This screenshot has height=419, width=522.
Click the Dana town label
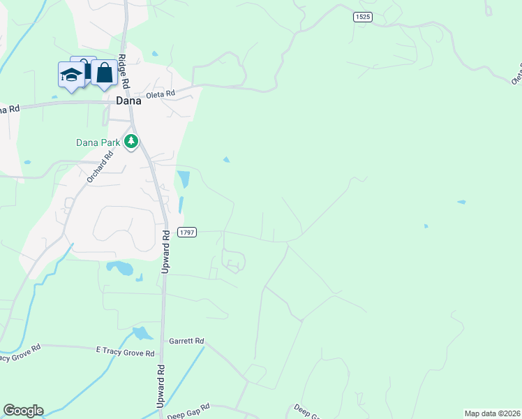pyautogui.click(x=128, y=100)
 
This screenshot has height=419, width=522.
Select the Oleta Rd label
pyautogui.click(x=160, y=95)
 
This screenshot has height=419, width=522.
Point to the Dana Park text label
pyautogui.click(x=98, y=142)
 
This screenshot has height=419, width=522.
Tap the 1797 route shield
pyautogui.click(x=187, y=232)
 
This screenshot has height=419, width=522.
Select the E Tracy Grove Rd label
pyautogui.click(x=126, y=353)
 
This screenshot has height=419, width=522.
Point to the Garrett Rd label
pyautogui.click(x=186, y=341)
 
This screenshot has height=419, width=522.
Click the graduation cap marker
pyautogui.click(x=70, y=75)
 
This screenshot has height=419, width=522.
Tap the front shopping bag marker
pyautogui.click(x=104, y=73)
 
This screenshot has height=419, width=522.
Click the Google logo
pyautogui.click(x=23, y=411)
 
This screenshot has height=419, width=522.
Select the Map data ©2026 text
pyautogui.click(x=492, y=413)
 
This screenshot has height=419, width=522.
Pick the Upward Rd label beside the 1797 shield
pyautogui.click(x=166, y=251)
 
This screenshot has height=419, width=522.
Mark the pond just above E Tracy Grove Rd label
pyautogui.click(x=142, y=333)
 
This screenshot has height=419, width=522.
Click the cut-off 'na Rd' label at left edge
pyautogui.click(x=9, y=108)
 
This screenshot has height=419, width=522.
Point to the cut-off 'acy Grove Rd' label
pyautogui.click(x=21, y=357)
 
